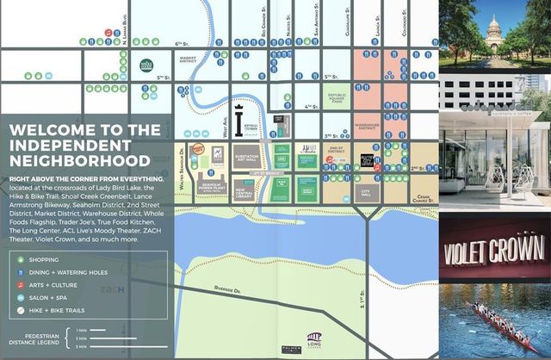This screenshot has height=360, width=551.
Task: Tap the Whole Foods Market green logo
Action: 146,65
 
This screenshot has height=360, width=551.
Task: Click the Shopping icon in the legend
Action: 32,258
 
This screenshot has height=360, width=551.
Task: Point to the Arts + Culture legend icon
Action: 32,283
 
